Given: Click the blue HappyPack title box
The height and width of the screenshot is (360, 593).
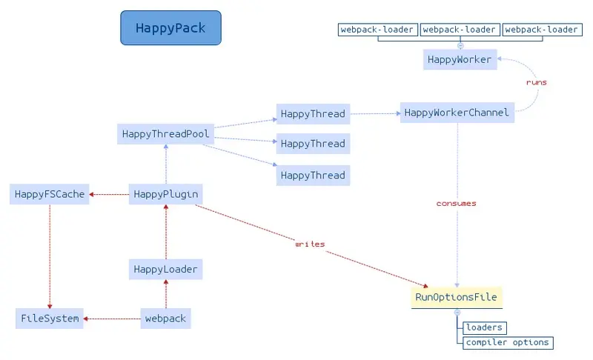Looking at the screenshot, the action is (171, 28).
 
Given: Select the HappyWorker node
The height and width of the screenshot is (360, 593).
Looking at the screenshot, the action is (460, 60).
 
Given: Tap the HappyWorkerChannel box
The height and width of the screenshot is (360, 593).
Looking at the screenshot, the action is (457, 113).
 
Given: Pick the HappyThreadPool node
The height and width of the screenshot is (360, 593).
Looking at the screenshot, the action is (165, 134).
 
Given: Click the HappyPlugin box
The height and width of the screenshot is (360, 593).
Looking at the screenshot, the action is (165, 194).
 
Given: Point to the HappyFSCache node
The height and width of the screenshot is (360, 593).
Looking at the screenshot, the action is (50, 194).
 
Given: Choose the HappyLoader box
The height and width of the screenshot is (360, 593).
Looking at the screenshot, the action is (165, 270).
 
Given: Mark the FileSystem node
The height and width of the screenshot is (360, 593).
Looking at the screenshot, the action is (50, 319).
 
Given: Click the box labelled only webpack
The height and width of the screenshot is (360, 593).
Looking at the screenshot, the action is (165, 319).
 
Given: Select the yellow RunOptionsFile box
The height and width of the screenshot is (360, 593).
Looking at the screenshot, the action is (457, 297).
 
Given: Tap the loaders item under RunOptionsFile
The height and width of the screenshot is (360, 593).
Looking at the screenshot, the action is (485, 327).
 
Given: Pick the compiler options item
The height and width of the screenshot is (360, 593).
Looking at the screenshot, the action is (508, 343).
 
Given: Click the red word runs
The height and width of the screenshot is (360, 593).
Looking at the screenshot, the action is (536, 82).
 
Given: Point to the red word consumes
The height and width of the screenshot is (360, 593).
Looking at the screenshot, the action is (456, 203).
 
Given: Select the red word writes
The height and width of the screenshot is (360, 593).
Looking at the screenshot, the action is (310, 244).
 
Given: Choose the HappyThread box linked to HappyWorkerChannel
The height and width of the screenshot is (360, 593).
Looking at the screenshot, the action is (313, 114).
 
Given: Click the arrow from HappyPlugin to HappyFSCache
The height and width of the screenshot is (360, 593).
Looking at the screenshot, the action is (109, 195).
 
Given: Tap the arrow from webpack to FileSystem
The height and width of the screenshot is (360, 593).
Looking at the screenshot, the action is (112, 319).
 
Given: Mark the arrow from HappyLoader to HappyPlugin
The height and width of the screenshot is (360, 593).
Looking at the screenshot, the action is (166, 232).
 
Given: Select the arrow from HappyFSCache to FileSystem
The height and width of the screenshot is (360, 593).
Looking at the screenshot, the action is (50, 256).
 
